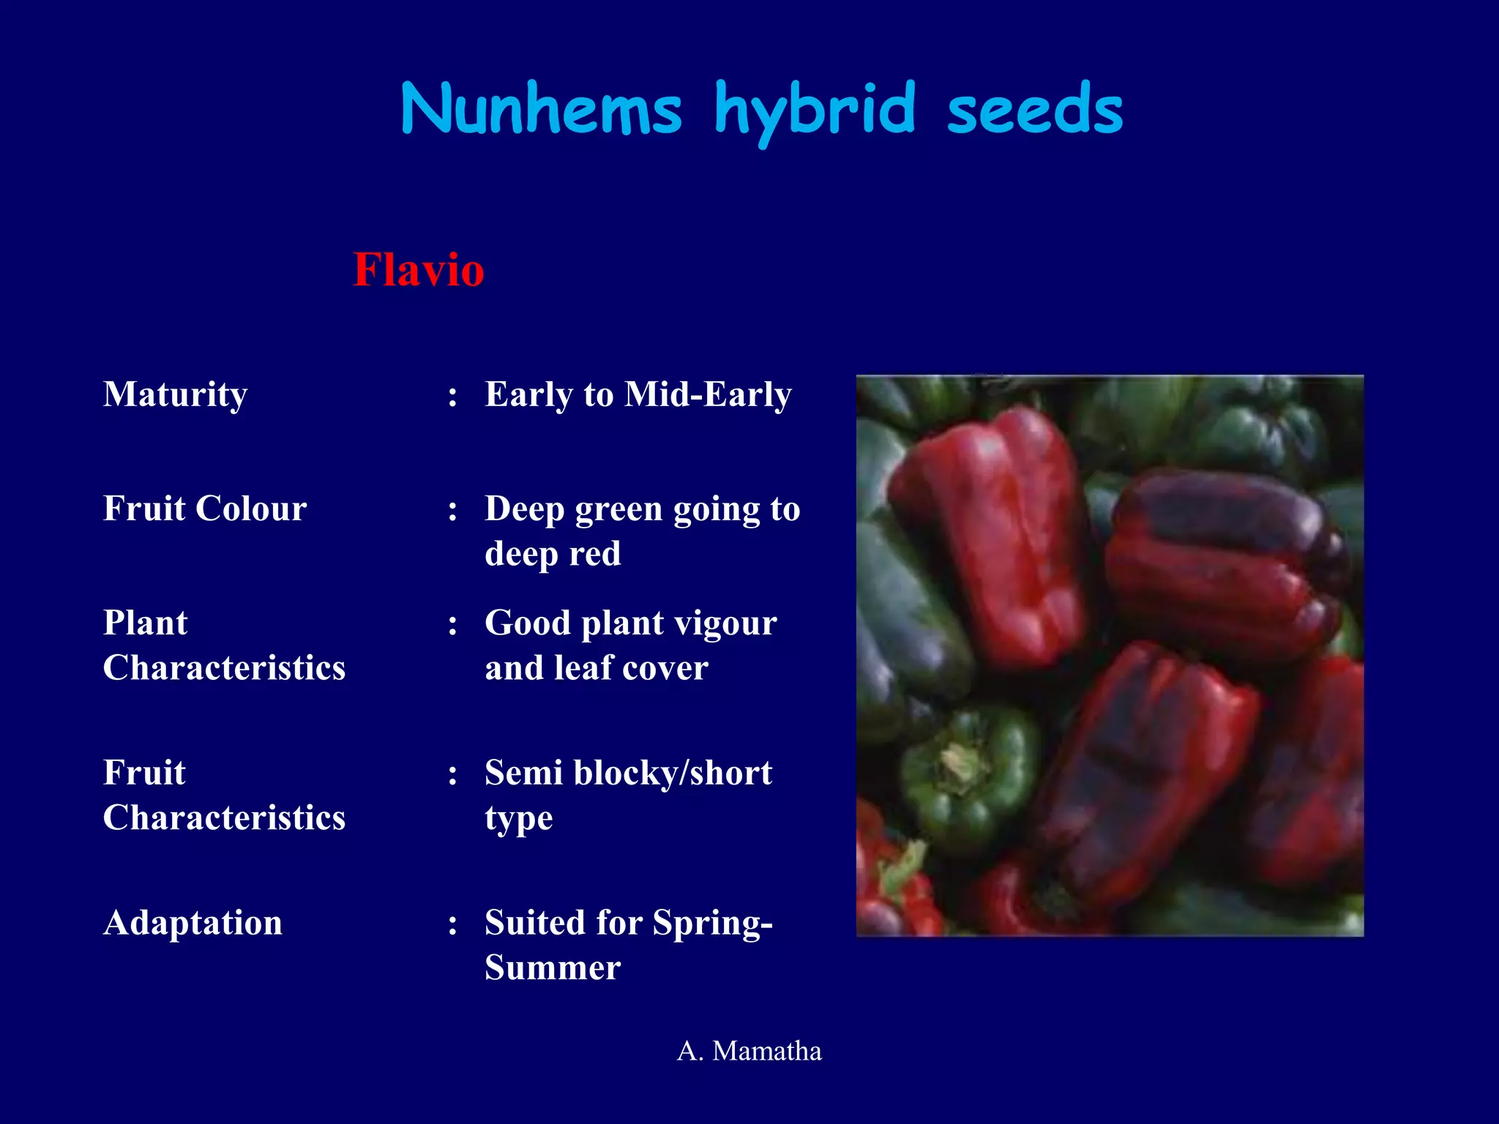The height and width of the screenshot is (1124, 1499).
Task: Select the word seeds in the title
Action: [1034, 110]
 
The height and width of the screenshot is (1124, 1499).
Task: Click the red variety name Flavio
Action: [418, 269]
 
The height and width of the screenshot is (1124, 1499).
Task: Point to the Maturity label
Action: [175, 394]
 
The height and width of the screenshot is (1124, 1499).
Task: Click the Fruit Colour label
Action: [205, 509]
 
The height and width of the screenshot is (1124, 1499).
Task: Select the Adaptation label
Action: [192, 923]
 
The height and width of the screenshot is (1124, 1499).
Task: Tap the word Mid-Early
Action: [708, 394]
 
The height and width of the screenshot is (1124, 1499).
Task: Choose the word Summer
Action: [553, 968]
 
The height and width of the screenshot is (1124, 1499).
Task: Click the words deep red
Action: [553, 554]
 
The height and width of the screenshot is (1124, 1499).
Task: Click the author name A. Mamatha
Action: [749, 1051]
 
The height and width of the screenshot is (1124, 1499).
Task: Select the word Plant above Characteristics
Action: [145, 623]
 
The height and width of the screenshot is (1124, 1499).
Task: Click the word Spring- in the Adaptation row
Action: [712, 923]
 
